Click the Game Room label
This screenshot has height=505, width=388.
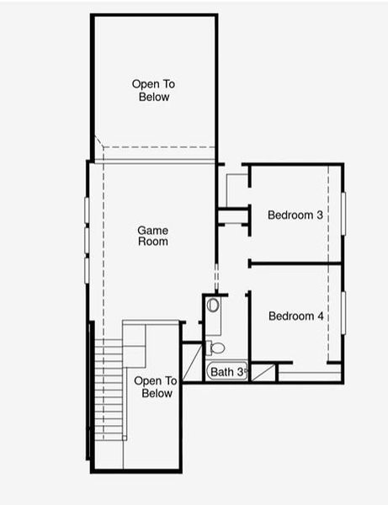[x=153, y=236]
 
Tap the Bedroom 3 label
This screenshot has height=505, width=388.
[x=295, y=215]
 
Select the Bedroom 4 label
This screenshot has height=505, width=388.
[x=295, y=316]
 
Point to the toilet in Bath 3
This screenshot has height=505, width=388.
[x=217, y=347]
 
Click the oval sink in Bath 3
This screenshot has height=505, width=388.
[x=212, y=306]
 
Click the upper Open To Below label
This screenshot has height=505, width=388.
[x=154, y=90]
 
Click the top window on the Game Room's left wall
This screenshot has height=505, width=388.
[x=86, y=210]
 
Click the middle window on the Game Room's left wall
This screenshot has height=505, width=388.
[x=86, y=240]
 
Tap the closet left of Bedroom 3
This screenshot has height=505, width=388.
[x=235, y=189]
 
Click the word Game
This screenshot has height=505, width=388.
[x=153, y=230]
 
